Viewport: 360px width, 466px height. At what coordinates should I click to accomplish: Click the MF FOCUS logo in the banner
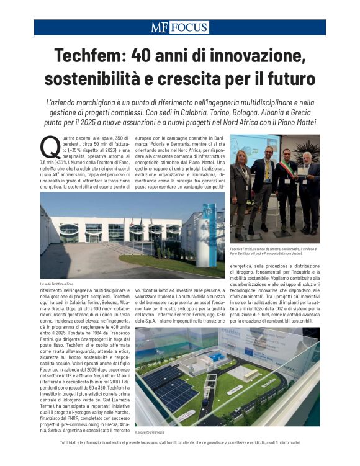click(179, 28)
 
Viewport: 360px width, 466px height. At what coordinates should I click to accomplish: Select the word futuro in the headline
click(291, 79)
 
